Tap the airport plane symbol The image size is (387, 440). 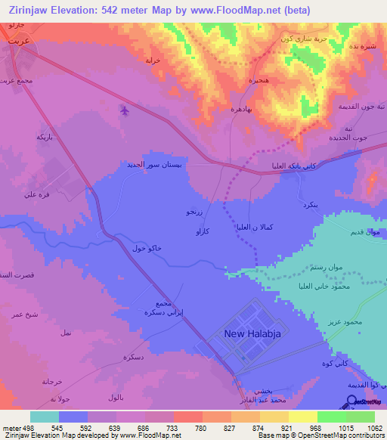coord(125,111)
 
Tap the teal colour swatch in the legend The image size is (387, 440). coord(45,417)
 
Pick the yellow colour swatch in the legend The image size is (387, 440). coord(303,417)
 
